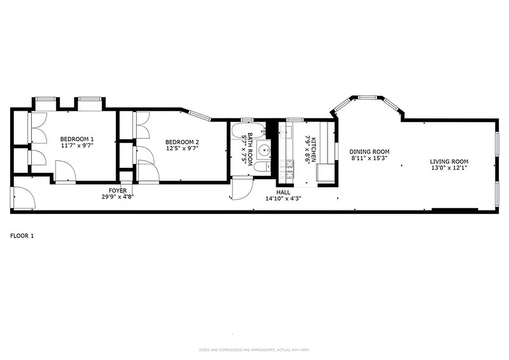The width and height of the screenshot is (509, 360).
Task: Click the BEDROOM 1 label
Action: [x=77, y=139]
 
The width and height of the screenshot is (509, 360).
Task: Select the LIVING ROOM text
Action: [x=449, y=162]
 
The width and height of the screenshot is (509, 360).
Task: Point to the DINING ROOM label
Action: [x=369, y=152]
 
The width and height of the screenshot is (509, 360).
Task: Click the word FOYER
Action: [x=117, y=190]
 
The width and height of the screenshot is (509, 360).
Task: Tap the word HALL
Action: [x=283, y=192]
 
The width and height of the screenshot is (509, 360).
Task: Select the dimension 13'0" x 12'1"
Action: [x=449, y=168]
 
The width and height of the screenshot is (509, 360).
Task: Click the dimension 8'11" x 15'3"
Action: [x=369, y=158]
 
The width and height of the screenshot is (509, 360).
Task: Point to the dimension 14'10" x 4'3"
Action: [x=283, y=198]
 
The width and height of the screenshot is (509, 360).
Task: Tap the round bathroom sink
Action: [x=264, y=150]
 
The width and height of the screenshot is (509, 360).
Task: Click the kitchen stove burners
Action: [x=286, y=169]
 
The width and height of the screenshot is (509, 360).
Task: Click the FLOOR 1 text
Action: [x=22, y=235]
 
